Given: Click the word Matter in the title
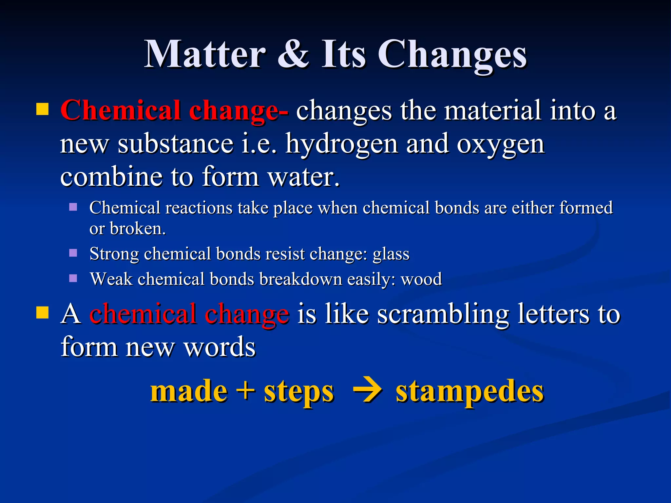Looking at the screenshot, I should pyautogui.click(x=205, y=54).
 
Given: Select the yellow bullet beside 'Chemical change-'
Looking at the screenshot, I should pyautogui.click(x=42, y=109).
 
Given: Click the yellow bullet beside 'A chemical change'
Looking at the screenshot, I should pyautogui.click(x=42, y=312).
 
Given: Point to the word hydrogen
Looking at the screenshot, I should pyautogui.click(x=342, y=144).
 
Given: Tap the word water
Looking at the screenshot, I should pyautogui.click(x=303, y=177).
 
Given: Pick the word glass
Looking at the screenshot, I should pyautogui.click(x=391, y=254).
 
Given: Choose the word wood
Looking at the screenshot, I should pyautogui.click(x=421, y=279).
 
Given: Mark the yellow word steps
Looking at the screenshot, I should pyautogui.click(x=299, y=392).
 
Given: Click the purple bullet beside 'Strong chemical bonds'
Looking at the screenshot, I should pyautogui.click(x=73, y=253).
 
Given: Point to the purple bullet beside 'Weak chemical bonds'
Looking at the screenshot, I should pyautogui.click(x=73, y=278).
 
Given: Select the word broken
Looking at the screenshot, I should pyautogui.click(x=138, y=229).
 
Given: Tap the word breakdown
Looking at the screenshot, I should pyautogui.click(x=300, y=279).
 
